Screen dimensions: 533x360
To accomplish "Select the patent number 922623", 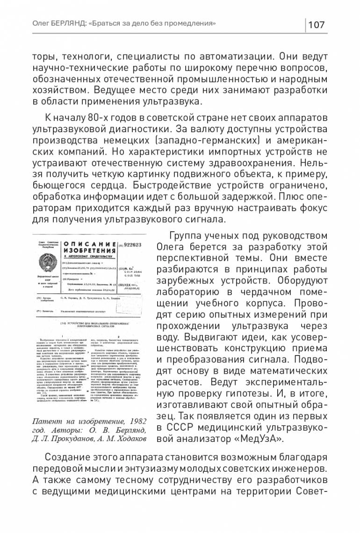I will pos(134,244).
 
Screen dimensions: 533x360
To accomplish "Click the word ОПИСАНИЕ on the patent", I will pos(89,244).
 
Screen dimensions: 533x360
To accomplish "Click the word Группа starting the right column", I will pos(187,236).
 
